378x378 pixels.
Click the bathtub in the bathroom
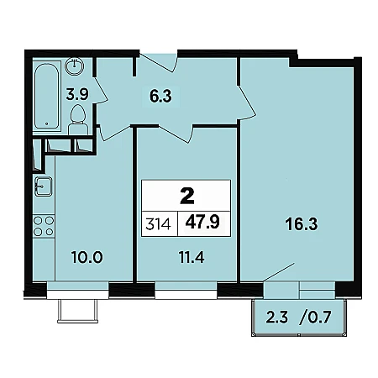47,96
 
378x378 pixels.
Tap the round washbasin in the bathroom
74,66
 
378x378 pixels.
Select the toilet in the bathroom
78,120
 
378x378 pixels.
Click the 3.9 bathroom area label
77,94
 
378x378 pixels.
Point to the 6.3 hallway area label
160,97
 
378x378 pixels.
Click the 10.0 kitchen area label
87,257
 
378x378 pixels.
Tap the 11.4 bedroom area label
192,257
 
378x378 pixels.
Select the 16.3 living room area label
302,224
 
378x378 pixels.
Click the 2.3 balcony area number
276,318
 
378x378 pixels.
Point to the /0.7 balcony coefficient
316,318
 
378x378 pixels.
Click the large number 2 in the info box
187,197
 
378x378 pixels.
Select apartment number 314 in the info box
158,224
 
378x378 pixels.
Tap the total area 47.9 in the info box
202,223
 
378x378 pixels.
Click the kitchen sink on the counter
43,186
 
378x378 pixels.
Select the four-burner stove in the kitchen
44,226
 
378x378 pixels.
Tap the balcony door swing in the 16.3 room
279,272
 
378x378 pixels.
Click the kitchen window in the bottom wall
77,291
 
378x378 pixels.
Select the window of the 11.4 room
186,291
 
